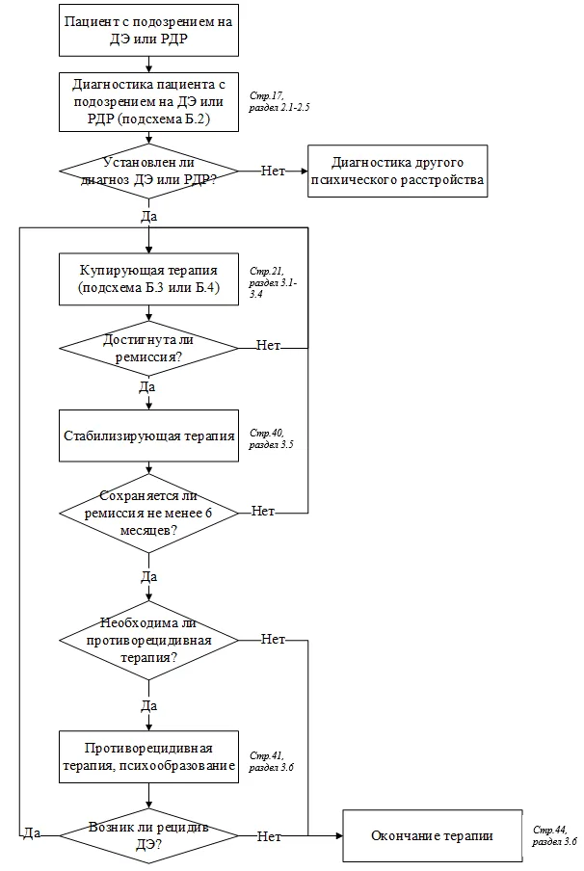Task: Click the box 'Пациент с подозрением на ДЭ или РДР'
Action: tap(149, 31)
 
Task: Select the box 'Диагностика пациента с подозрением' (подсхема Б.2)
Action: tap(149, 102)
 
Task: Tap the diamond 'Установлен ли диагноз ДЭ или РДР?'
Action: tap(149, 172)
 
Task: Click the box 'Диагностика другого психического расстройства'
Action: tap(398, 172)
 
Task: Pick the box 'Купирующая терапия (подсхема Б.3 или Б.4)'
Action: tap(149, 279)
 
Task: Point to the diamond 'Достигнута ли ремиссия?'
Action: tap(149, 348)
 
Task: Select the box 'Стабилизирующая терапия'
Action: tap(149, 436)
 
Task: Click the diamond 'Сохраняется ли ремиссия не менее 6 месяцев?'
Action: tap(149, 514)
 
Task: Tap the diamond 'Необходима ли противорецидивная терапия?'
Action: tap(149, 641)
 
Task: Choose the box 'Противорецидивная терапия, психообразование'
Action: tap(149, 757)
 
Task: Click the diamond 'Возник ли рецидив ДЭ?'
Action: tap(149, 836)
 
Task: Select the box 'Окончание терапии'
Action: tap(433, 836)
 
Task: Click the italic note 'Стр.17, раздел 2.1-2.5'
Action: tap(279, 102)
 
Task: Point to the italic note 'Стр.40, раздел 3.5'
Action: tap(271, 438)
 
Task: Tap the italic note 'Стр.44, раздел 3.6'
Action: tap(554, 836)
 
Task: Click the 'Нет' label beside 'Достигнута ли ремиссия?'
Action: tap(268, 346)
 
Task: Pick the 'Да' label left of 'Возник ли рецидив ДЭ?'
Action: tap(32, 832)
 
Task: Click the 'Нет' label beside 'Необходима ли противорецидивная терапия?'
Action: tap(274, 640)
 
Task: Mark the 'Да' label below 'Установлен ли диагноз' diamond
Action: tap(149, 216)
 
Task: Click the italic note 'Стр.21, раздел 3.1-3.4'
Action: tap(273, 282)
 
